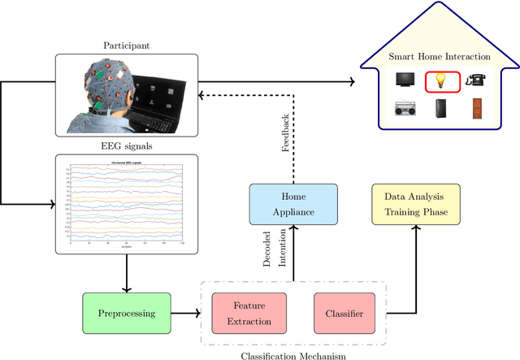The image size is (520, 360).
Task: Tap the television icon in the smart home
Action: point(406,80)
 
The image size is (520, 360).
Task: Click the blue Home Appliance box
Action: point(292,204)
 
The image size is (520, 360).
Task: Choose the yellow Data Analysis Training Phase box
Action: point(415,204)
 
